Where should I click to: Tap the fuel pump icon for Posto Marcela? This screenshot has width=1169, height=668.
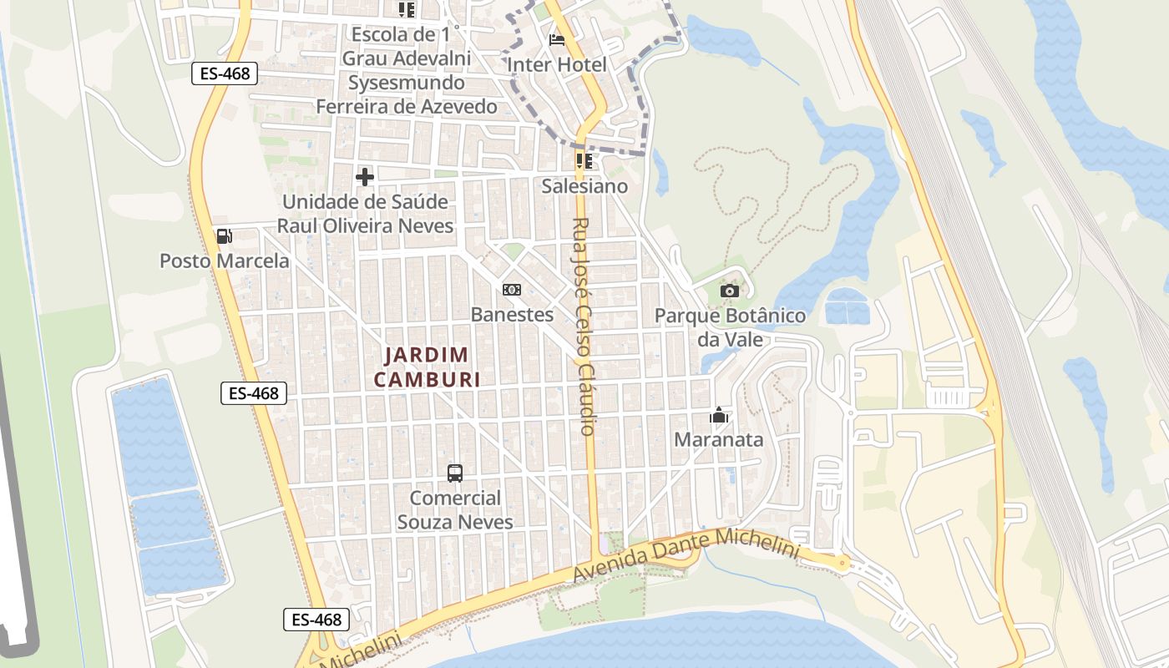(224, 236)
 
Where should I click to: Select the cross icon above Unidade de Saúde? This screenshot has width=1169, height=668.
(365, 177)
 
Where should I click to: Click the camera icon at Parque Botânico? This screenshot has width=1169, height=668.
(730, 291)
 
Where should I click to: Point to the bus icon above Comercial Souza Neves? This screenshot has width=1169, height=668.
(455, 473)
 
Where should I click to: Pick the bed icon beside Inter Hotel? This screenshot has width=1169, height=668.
(557, 39)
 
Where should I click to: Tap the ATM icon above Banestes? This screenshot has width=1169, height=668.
(512, 290)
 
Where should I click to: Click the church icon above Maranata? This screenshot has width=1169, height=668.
(718, 415)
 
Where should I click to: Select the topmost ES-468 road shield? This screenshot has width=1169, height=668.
(225, 73)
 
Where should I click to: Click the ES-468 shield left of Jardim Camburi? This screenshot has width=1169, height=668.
(254, 393)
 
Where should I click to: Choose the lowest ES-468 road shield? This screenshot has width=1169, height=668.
(316, 620)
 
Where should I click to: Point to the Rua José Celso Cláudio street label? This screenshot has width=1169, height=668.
(584, 326)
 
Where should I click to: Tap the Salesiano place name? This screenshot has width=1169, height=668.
(584, 186)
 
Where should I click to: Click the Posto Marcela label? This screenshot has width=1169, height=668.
(225, 261)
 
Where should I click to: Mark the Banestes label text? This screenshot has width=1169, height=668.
(512, 315)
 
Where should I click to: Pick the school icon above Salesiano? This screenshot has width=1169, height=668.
(584, 160)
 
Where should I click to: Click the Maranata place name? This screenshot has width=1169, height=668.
(718, 439)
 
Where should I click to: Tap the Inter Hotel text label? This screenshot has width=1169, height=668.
(557, 64)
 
